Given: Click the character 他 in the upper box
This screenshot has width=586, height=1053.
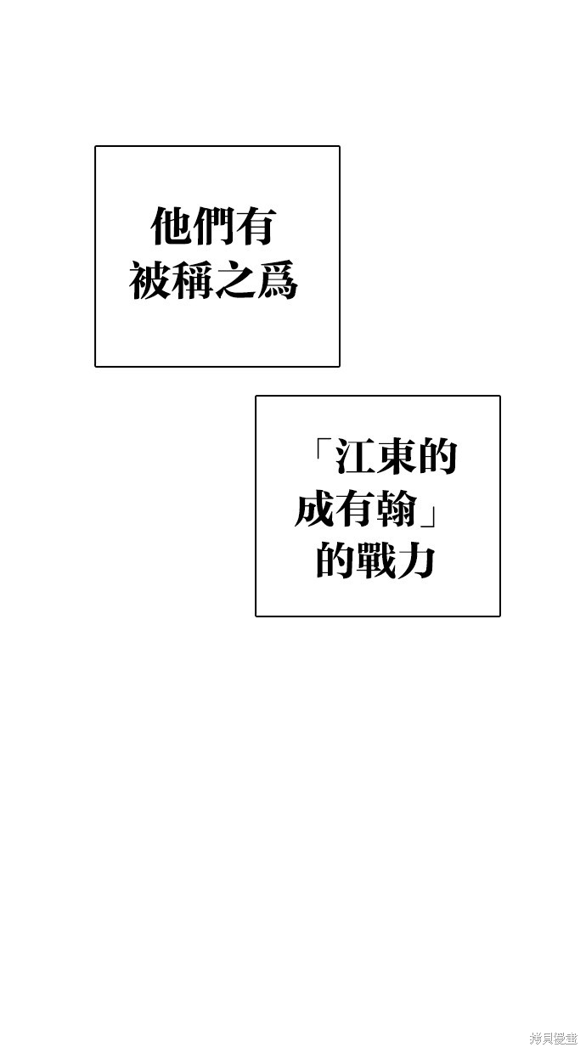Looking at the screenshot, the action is [171, 226].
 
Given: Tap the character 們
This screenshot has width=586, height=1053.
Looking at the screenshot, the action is [212, 226].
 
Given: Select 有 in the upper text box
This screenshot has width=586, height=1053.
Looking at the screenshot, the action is [255, 226].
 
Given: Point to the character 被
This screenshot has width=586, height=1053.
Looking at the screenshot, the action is [149, 279].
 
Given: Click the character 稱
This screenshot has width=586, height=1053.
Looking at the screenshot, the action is [191, 279].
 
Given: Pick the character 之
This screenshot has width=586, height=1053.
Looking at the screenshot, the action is [234, 279].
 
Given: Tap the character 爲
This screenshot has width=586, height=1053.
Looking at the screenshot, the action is [277, 279].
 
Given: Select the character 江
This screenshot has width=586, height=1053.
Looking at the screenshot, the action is [353, 456].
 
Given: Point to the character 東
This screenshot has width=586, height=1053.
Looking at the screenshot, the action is [395, 456].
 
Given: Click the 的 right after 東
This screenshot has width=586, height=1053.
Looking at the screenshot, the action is [437, 456].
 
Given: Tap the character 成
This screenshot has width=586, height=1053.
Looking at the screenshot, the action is [315, 509].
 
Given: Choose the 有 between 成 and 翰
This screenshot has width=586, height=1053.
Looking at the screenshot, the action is [357, 509].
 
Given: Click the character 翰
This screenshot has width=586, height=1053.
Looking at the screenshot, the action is [397, 509].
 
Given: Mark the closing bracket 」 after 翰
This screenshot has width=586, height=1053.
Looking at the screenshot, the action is [427, 515].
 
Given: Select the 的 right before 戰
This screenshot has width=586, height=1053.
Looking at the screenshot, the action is [335, 560].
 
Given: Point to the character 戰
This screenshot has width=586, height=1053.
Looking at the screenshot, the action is [376, 560].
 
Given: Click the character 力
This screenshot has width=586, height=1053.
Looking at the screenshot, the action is [416, 560].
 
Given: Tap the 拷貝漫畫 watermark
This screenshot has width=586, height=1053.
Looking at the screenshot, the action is [554, 1038].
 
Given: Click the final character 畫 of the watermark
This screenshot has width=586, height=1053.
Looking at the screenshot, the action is [572, 1038].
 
